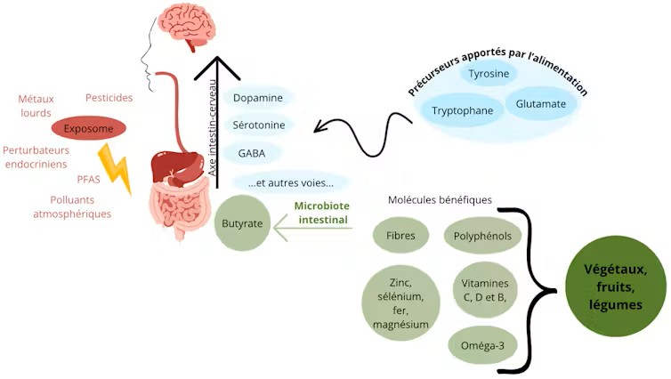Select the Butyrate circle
tap(242, 224)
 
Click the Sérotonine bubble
tap(258, 125)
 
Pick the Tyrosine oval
tap(489, 74)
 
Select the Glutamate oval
tap(540, 104)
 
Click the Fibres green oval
tap(400, 236)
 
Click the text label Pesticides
tap(109, 97)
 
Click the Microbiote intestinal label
tap(321, 212)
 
